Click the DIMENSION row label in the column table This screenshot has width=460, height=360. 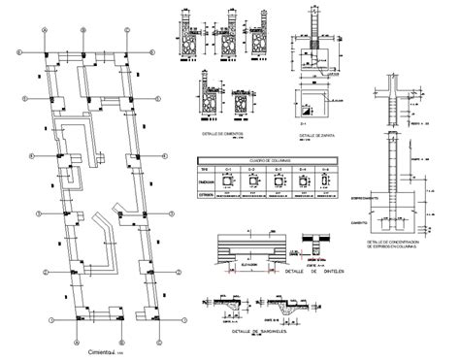206,180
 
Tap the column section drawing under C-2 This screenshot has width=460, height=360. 253,181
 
